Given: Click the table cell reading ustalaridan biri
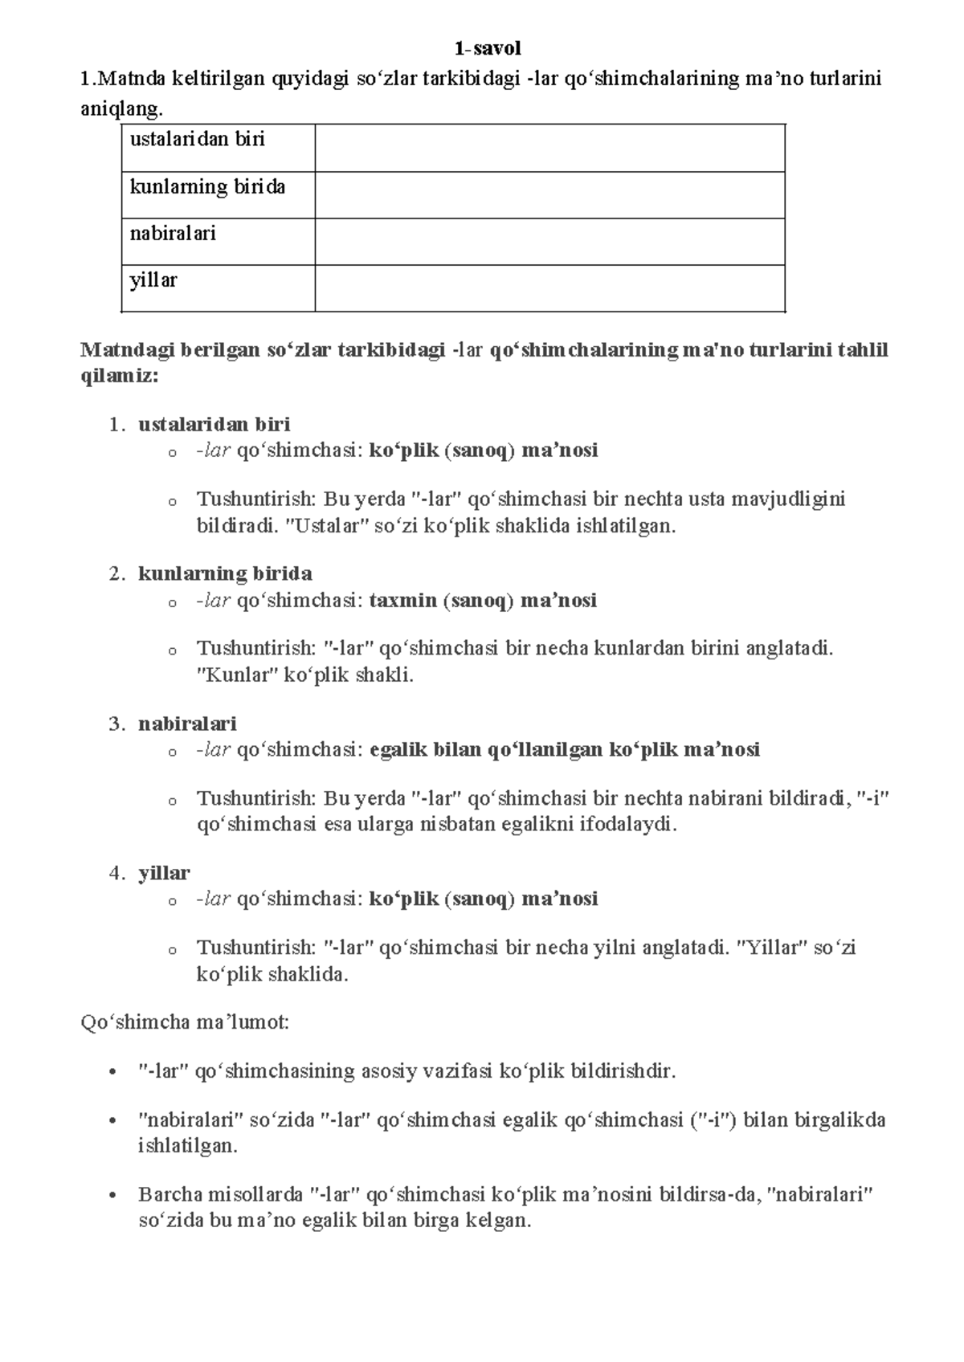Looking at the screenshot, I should coord(197,140).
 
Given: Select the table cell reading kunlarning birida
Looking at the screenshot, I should coord(207,187).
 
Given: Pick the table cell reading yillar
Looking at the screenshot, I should coord(153,280).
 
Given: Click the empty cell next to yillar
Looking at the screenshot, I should coord(549,287).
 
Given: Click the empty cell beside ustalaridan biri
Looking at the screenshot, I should coord(549,148).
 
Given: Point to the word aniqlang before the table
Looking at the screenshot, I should coord(114,108).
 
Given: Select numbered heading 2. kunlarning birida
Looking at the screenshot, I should coord(225,573).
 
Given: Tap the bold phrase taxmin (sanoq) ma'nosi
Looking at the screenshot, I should coord(483,601).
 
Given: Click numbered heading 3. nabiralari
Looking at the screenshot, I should coord(187,724).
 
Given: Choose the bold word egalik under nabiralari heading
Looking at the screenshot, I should coord(398,750).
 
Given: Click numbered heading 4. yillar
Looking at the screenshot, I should coord(164,873).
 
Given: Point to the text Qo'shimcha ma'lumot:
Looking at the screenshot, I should coord(186,1022).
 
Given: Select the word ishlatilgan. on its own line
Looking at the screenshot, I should coord(188,1146).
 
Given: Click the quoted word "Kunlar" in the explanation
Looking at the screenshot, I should coord(231,675).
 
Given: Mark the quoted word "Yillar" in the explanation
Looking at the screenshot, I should coord(772,948).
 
